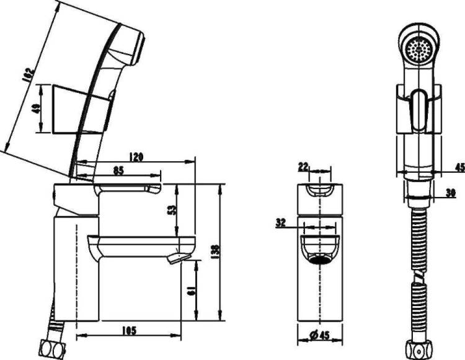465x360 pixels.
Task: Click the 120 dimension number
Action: tap(136, 156)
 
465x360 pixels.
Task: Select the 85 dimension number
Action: tap(118, 170)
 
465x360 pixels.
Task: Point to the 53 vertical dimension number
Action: tap(172, 210)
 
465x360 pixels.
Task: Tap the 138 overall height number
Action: tap(216, 252)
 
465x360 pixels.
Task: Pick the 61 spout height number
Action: tap(192, 291)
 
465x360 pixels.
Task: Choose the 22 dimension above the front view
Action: tap(303, 167)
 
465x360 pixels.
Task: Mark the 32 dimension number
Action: tap(280, 223)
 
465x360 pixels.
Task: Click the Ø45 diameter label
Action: tap(319, 335)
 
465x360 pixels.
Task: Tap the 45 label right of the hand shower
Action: tap(460, 167)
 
